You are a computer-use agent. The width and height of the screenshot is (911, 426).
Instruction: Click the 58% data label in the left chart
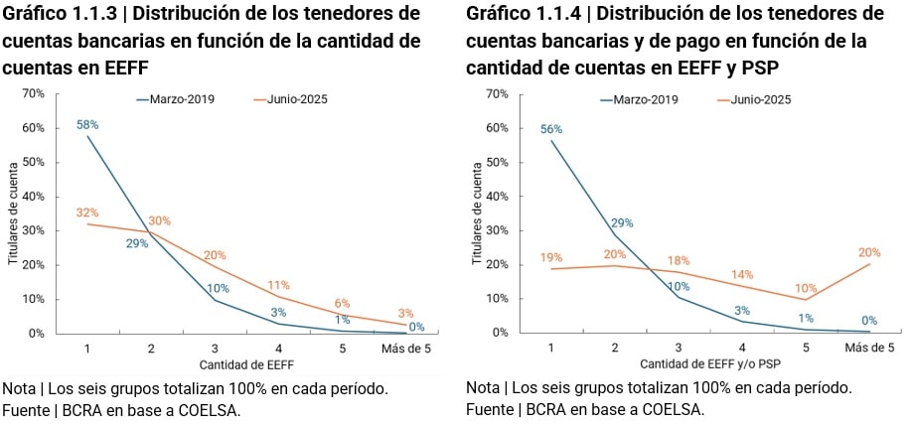point(87,125)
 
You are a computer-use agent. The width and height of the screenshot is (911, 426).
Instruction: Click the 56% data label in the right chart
point(551,129)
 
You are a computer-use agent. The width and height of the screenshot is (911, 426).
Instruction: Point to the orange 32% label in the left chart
point(87,213)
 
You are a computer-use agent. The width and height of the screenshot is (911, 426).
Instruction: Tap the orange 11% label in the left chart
point(279,286)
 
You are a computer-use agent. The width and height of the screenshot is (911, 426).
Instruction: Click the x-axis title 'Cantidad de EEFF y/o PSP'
point(709,364)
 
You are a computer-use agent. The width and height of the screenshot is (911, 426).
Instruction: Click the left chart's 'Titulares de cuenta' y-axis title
point(13,214)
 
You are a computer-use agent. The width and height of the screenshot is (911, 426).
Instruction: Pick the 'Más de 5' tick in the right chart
point(869,348)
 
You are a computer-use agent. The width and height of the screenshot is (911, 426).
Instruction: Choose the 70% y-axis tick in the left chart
point(33,93)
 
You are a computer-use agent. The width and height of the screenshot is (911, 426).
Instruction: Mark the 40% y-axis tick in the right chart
point(497,196)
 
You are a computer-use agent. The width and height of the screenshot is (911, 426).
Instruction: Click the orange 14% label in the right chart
point(743,275)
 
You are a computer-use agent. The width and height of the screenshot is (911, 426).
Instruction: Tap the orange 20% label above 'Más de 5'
point(869,252)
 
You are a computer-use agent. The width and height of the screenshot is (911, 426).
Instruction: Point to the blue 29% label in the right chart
point(622,223)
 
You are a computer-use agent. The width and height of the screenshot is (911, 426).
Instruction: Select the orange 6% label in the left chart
point(342,304)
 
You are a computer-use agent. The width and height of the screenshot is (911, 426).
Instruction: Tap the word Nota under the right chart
point(484,387)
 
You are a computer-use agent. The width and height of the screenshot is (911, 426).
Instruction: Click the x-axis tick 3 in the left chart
point(214,349)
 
